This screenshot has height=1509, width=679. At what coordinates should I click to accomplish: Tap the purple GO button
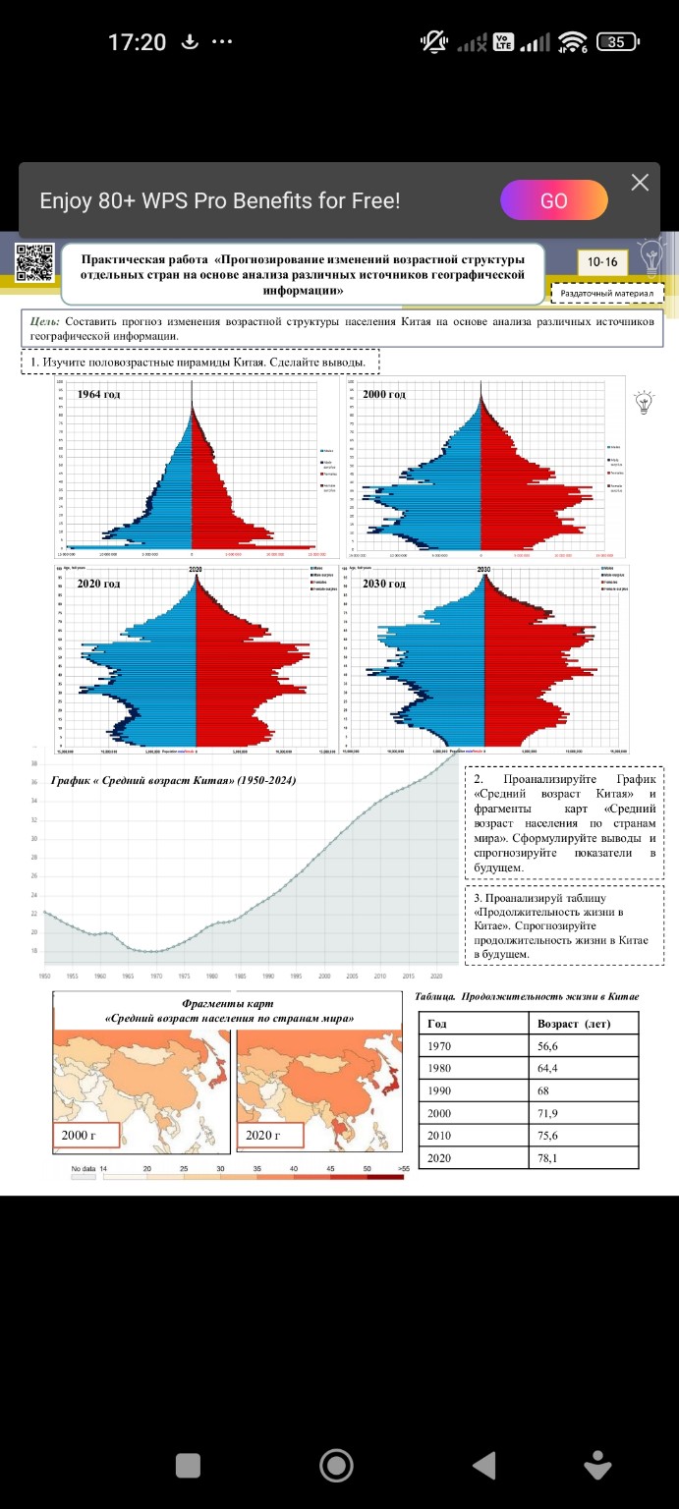tap(553, 200)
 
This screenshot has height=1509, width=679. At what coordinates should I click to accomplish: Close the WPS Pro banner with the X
tap(640, 183)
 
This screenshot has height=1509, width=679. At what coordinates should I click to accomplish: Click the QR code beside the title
tap(34, 261)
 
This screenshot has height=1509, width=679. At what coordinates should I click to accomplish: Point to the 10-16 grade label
tap(602, 261)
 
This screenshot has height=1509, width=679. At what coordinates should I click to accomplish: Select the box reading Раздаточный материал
tap(607, 293)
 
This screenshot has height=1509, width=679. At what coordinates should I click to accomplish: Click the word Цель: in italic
tap(45, 321)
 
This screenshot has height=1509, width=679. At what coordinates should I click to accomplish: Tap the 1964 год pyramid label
tap(99, 394)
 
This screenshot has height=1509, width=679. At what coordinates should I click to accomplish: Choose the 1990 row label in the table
tap(441, 1090)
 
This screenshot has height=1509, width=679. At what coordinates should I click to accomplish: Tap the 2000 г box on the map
tap(85, 1136)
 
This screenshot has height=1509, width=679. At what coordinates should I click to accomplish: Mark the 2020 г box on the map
tap(269, 1136)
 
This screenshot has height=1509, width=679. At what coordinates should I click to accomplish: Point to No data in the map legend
tap(83, 1169)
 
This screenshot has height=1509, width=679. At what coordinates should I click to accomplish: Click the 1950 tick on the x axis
tap(45, 976)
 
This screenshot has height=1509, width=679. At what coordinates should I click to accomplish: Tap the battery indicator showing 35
tap(617, 41)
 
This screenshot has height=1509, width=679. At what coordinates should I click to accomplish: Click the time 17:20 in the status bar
tap(137, 42)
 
